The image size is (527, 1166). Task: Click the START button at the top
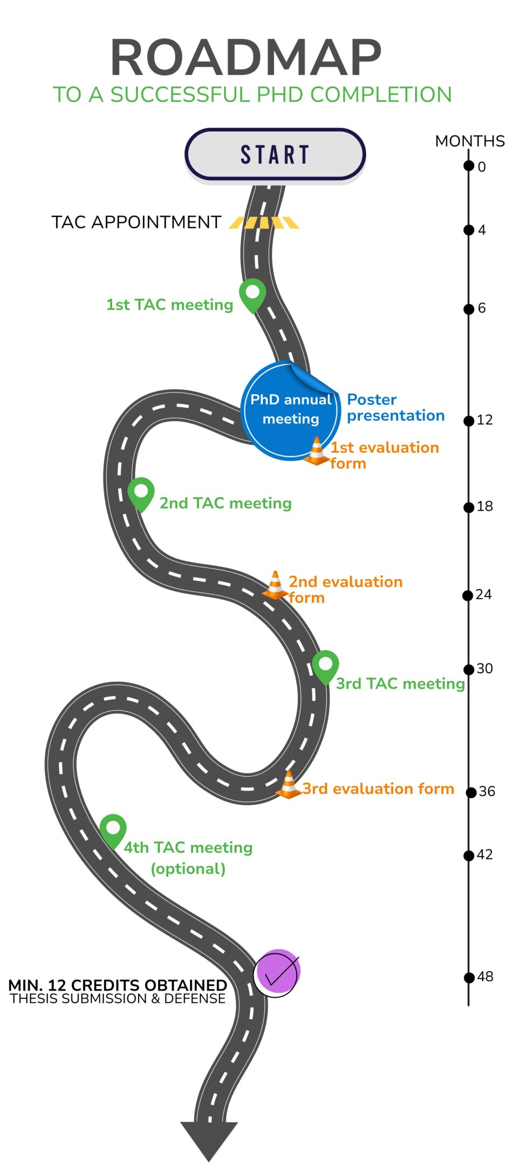click(x=275, y=154)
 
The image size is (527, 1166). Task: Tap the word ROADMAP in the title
click(x=246, y=58)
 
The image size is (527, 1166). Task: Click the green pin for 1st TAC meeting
click(x=252, y=294)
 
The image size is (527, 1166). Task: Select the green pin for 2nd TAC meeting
click(x=141, y=493)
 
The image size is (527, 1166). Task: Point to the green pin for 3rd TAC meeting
click(x=325, y=666)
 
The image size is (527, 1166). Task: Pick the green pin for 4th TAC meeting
click(x=113, y=830)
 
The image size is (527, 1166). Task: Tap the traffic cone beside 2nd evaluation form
click(x=275, y=585)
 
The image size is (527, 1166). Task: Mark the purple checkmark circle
click(x=277, y=972)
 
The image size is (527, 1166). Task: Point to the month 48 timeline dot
click(x=469, y=977)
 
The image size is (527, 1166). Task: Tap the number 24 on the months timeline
click(x=483, y=594)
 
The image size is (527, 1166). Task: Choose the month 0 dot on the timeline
click(x=469, y=166)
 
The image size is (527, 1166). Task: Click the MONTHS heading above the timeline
click(x=470, y=141)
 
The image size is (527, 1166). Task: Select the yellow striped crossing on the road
click(x=264, y=222)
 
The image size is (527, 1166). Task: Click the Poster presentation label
click(x=395, y=408)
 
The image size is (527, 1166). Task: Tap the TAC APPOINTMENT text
click(x=136, y=222)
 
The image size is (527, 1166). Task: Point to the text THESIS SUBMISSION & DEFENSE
click(x=118, y=999)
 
